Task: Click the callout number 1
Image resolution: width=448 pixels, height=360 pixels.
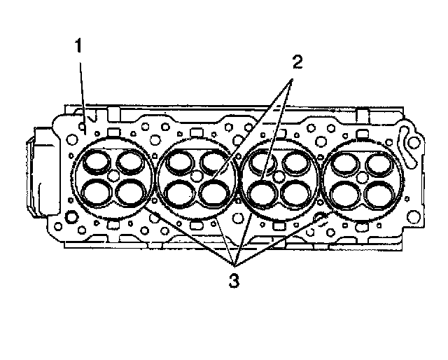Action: click(x=78, y=46)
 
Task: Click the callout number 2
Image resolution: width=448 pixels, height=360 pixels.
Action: click(x=297, y=62)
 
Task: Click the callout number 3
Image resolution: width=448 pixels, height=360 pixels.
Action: click(x=234, y=281)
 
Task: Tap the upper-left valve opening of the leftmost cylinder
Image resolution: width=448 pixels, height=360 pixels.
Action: click(x=97, y=162)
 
